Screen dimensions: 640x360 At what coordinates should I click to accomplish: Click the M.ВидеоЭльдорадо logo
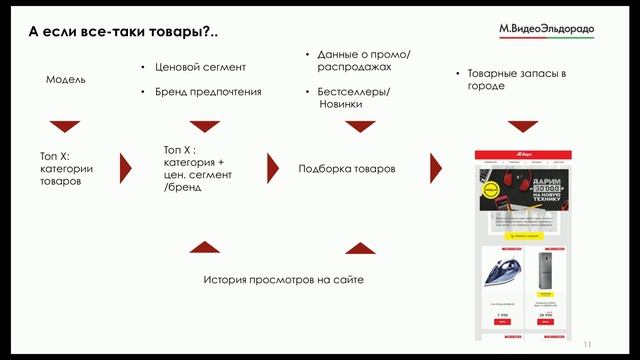(546, 30)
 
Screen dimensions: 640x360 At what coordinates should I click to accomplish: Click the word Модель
(66, 79)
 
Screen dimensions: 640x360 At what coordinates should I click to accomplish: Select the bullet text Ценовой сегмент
(200, 68)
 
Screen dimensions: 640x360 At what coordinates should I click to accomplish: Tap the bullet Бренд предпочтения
(207, 92)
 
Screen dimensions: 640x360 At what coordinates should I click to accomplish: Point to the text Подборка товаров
(346, 169)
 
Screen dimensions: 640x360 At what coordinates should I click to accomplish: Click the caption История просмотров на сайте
(283, 280)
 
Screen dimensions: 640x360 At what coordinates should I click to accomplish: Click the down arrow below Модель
(65, 127)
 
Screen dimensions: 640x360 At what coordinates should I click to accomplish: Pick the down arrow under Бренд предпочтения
(204, 127)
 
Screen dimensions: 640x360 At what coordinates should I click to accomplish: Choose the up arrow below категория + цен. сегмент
(204, 246)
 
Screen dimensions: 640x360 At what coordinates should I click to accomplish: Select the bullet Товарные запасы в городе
(508, 80)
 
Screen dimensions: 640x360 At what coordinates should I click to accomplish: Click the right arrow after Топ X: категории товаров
(126, 168)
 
